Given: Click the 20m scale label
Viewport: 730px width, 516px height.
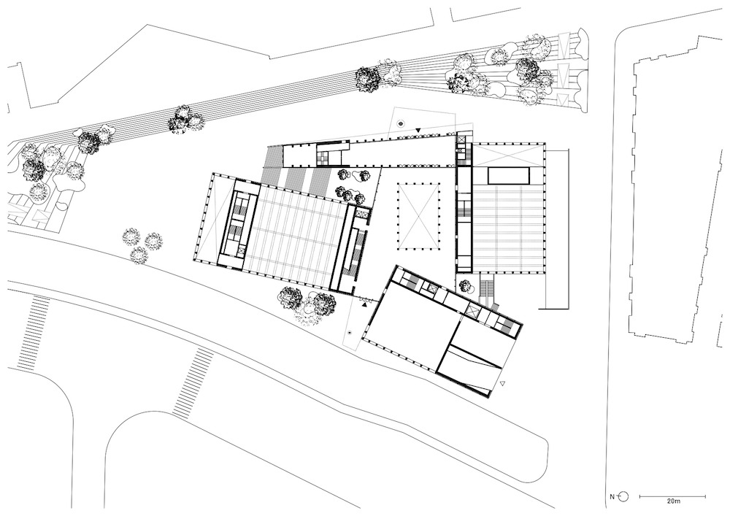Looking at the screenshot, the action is (x=673, y=501).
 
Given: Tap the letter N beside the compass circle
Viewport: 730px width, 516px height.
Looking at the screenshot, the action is (x=612, y=496).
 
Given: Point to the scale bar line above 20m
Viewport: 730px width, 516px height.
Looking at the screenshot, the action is (x=672, y=496).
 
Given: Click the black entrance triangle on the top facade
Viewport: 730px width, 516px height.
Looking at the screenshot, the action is (x=418, y=131).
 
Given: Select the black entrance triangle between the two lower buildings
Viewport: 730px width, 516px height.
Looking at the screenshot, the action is (x=365, y=304).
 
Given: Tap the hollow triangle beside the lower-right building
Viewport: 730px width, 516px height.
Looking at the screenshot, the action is (x=502, y=383).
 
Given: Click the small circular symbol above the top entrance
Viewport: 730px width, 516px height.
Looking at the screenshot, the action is (x=401, y=123).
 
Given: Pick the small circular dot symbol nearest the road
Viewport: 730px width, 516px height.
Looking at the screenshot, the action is (x=350, y=333).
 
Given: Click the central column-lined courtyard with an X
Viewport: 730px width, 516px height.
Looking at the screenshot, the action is (x=419, y=215).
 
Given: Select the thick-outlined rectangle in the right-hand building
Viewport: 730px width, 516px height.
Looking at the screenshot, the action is (x=508, y=175).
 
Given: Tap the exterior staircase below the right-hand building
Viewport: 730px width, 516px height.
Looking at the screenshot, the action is (x=488, y=285).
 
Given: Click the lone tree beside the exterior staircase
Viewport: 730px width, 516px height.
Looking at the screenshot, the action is (x=464, y=285).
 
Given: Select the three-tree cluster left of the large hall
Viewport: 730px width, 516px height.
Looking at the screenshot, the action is (x=142, y=244).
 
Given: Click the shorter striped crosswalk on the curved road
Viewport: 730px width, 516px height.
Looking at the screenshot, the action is (x=193, y=382).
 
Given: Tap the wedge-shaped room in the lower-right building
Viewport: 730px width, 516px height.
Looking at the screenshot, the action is (x=472, y=369).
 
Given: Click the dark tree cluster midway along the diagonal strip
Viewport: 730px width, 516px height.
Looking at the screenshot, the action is (x=186, y=119).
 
